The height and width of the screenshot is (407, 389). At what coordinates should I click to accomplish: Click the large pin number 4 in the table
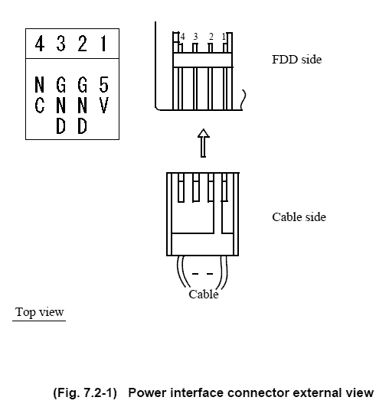[40, 44]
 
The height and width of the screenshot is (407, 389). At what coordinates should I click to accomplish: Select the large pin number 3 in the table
[60, 44]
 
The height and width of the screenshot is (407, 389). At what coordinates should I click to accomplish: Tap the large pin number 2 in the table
[82, 44]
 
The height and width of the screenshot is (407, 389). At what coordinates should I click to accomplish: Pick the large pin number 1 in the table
[103, 44]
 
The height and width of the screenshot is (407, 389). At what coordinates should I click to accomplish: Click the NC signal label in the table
[40, 95]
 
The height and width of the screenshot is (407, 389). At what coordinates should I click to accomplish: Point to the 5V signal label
[103, 95]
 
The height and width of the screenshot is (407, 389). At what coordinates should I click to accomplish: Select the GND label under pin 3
[60, 105]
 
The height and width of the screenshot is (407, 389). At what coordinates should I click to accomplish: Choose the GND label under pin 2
[82, 105]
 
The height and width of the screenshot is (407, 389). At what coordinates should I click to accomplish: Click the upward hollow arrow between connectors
[204, 143]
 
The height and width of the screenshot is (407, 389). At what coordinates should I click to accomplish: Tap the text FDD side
[297, 60]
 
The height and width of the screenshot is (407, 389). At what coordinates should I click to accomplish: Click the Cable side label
[299, 217]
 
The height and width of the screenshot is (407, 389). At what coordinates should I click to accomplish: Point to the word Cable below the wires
[204, 295]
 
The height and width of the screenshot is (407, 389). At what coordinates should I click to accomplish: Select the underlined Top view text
[39, 311]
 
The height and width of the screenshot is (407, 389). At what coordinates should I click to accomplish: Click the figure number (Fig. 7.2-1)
[85, 392]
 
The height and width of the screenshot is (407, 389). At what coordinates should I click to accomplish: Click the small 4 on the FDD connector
[183, 37]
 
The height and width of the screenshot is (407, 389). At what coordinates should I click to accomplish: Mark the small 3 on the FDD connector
[195, 37]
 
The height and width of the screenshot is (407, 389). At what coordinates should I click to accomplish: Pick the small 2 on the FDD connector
[211, 37]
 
